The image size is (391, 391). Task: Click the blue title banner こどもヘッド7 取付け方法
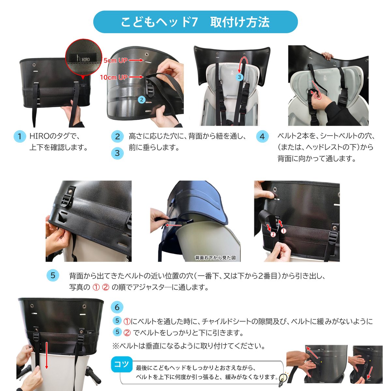195,22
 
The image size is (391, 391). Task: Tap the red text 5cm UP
115,60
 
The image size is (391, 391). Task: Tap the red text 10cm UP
114,77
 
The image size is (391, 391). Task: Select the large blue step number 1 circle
20,136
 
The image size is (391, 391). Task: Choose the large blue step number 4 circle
262,137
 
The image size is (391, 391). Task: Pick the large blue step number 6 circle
117,307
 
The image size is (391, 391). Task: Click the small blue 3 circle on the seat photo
239,77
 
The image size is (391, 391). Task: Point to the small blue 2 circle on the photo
142,100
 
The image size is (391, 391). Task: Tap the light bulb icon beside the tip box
282,378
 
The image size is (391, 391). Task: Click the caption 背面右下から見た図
215,258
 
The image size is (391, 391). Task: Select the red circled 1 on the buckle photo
283,231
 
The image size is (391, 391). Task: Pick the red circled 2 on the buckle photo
273,234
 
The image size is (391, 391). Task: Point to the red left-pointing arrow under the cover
173,225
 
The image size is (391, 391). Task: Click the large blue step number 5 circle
53,275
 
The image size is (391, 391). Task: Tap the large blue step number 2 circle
117,137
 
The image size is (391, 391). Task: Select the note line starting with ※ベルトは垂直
189,346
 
